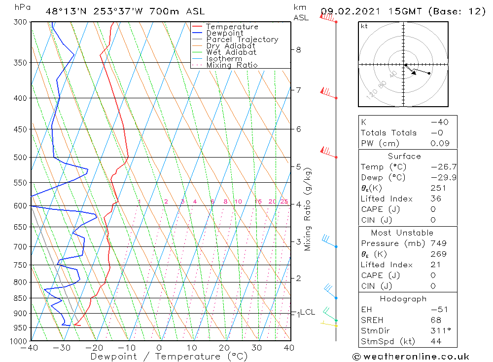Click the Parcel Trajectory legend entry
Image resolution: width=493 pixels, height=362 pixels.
(242, 40)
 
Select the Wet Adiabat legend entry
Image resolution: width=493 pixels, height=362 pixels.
(231, 52)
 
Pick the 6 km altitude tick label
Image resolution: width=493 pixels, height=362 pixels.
(298, 129)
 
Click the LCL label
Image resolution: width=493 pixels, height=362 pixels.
(308, 312)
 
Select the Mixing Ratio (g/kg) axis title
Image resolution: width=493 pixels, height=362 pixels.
(308, 209)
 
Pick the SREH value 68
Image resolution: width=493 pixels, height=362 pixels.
(435, 320)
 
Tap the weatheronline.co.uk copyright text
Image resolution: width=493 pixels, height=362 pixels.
(411, 357)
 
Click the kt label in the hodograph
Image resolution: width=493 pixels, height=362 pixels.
(364, 26)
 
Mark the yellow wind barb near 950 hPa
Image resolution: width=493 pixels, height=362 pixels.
(328, 324)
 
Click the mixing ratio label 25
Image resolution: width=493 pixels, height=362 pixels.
(284, 201)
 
